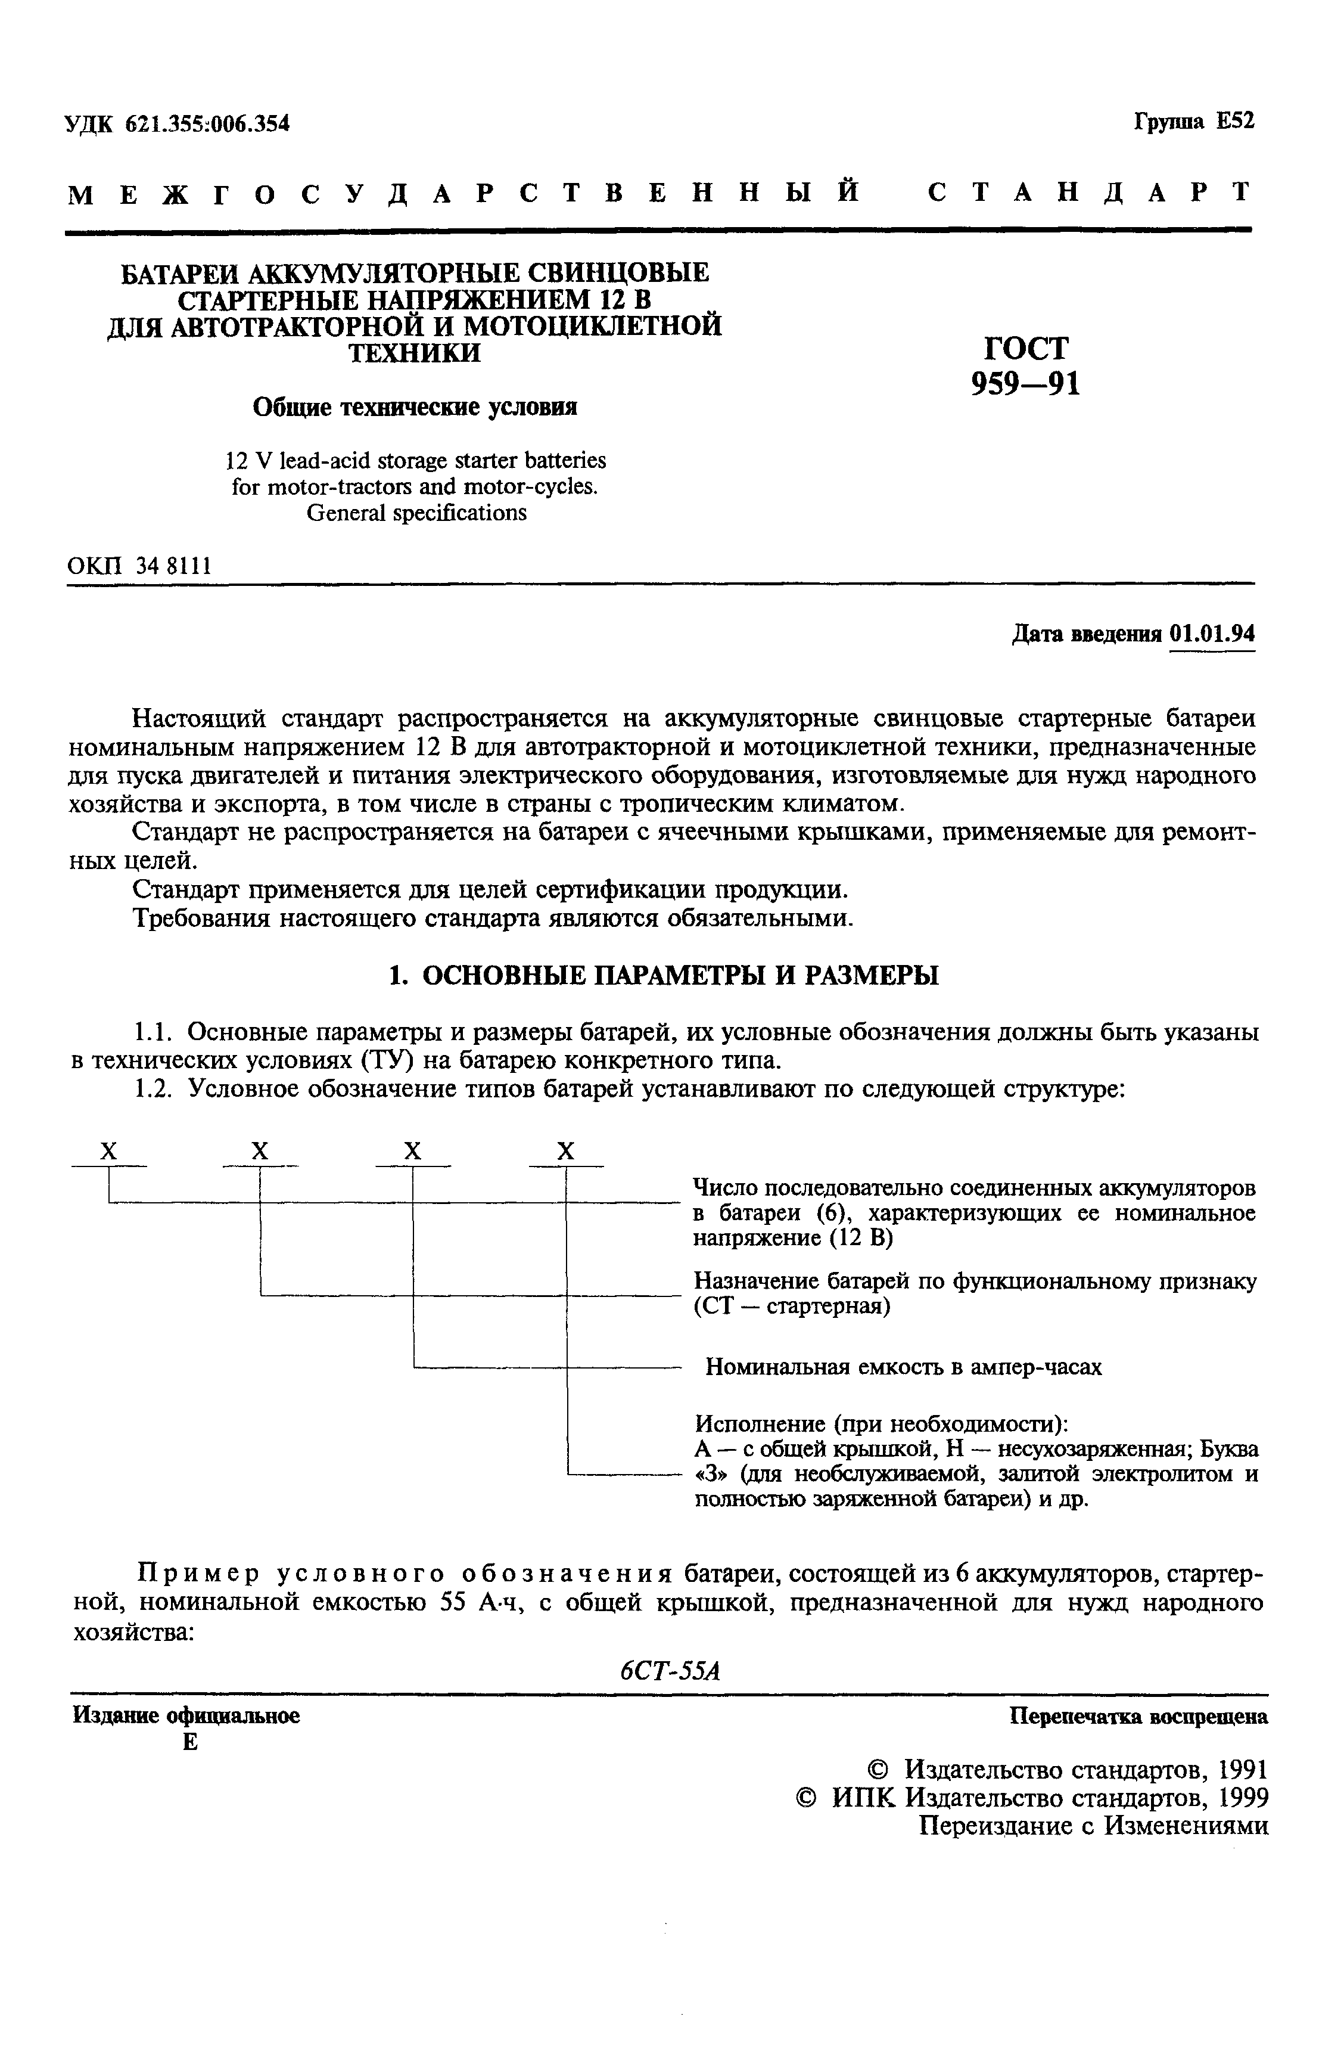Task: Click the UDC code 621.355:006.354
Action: tap(207, 124)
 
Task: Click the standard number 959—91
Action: tap(1025, 383)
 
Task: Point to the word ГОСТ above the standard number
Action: tap(1025, 348)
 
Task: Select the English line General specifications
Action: tap(416, 513)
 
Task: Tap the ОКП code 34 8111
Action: tap(173, 566)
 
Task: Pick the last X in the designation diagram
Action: tap(566, 1152)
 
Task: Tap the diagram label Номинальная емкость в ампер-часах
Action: tap(904, 1367)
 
